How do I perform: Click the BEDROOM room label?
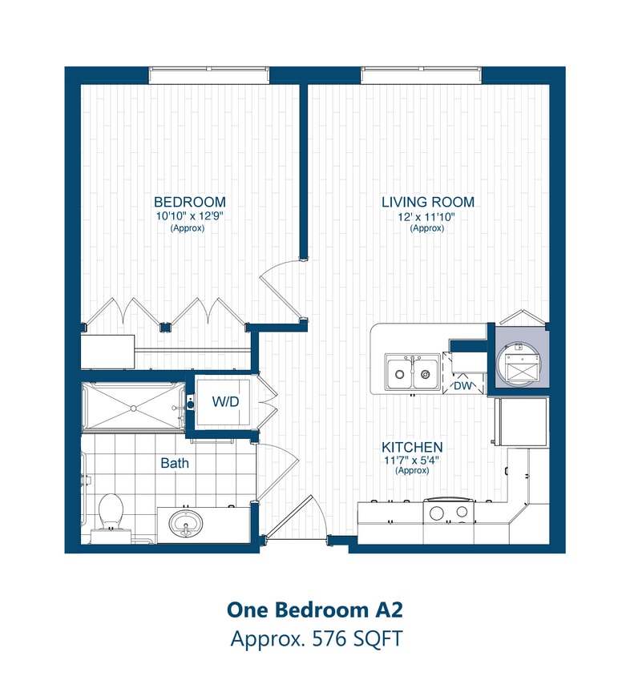coord(189,202)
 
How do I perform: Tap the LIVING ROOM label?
coord(427,202)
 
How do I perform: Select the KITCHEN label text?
coord(412,446)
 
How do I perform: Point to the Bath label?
coord(175,463)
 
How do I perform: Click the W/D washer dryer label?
coord(225,400)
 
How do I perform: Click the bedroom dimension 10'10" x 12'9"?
coord(189,216)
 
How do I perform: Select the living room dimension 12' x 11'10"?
coord(427,216)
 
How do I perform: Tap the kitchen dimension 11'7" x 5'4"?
coord(412,460)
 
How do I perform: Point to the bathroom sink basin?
coord(186,525)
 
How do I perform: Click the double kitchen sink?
coord(412,371)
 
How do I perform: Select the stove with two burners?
coord(449,513)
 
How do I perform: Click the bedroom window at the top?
coord(208,75)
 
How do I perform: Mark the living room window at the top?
coord(422,75)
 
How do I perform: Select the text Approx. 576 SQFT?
coord(315,639)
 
